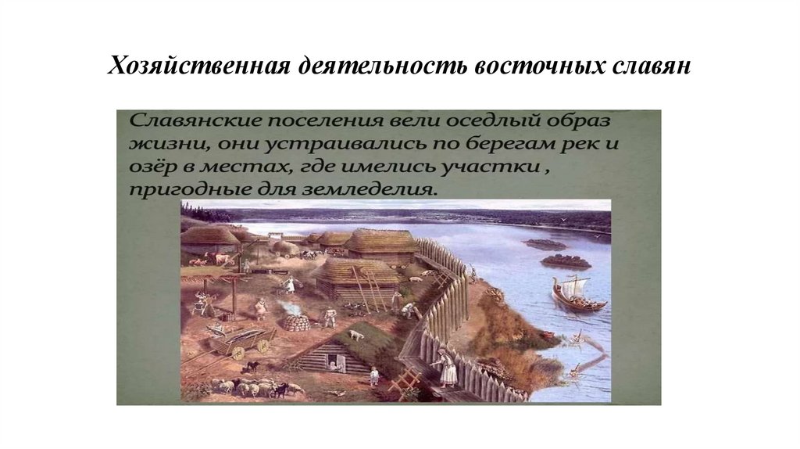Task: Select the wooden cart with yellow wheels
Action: [242, 340]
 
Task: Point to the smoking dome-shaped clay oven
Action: [295, 320]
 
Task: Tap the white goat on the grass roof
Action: [356, 335]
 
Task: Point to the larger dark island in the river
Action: [565, 260]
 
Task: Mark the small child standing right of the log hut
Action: [374, 375]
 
